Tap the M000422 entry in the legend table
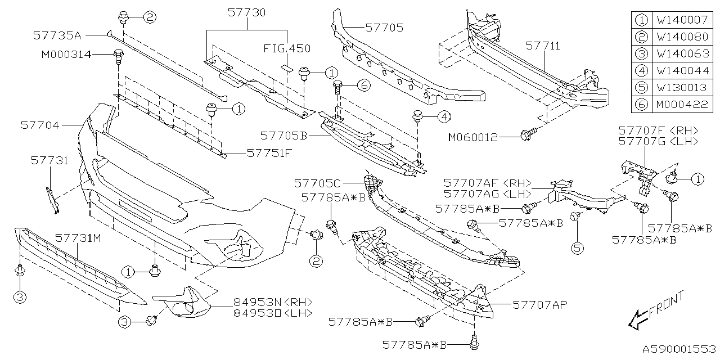[681, 105]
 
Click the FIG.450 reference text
[287, 49]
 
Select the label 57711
[543, 46]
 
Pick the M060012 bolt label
[473, 137]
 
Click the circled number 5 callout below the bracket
[575, 246]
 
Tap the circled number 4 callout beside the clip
[444, 117]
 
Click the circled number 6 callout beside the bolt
[363, 85]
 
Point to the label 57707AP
[539, 304]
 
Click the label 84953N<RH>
[272, 302]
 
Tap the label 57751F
[269, 152]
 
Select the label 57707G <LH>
[658, 142]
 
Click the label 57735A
[57, 35]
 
